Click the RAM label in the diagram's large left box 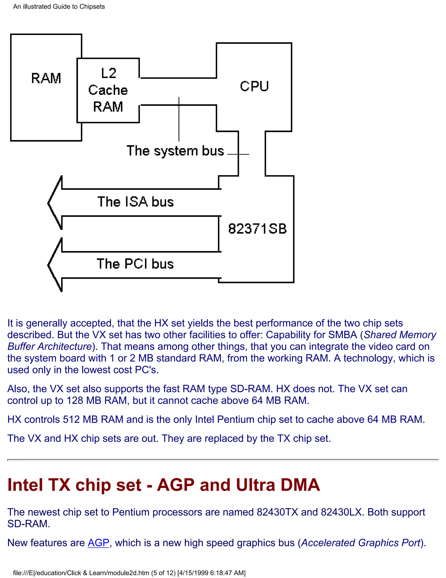[x=46, y=78]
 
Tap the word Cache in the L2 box [x=108, y=90]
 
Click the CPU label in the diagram [x=254, y=86]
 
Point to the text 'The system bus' [x=175, y=151]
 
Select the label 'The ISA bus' [x=135, y=202]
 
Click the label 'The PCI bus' [x=135, y=264]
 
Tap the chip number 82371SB [x=257, y=229]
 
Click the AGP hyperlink [x=98, y=543]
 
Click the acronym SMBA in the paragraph [x=342, y=335]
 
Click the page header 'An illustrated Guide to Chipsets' [x=59, y=7]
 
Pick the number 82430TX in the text [x=277, y=512]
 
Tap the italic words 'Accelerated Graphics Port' [x=361, y=543]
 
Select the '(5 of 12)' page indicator [x=163, y=573]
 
